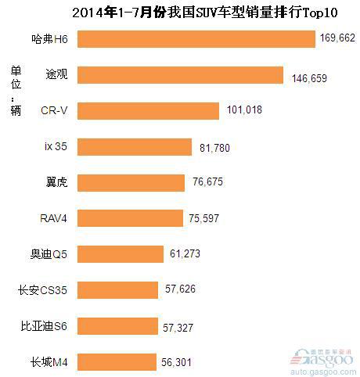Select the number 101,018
[x=243, y=110]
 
